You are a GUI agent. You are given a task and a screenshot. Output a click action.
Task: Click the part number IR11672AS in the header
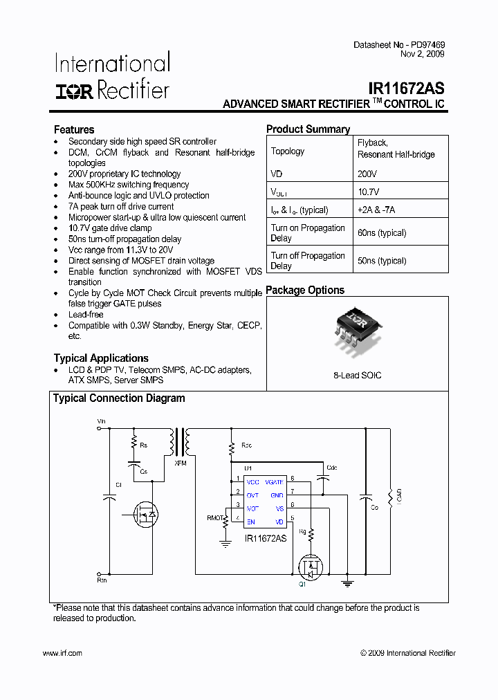pyautogui.click(x=406, y=89)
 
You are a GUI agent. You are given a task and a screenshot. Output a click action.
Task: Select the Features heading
pyautogui.click(x=74, y=129)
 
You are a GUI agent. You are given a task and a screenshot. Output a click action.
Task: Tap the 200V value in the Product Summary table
pyautogui.click(x=367, y=174)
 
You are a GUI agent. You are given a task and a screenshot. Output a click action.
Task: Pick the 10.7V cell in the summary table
pyautogui.click(x=369, y=192)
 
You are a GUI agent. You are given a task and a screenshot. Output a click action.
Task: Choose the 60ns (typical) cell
pyautogui.click(x=382, y=233)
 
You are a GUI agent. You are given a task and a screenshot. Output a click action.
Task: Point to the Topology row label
pyautogui.click(x=288, y=151)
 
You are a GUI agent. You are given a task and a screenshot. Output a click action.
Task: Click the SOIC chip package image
pyautogui.click(x=357, y=328)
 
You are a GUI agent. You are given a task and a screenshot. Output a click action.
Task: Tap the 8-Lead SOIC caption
pyautogui.click(x=357, y=376)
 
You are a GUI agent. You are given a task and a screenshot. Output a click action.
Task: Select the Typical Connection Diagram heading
pyautogui.click(x=119, y=398)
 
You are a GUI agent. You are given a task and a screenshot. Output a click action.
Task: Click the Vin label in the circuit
pyautogui.click(x=101, y=421)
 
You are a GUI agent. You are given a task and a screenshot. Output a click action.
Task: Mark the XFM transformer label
pyautogui.click(x=181, y=462)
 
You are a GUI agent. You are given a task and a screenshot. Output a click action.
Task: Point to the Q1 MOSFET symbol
pyautogui.click(x=311, y=567)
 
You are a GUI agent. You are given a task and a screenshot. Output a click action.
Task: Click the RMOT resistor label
pyautogui.click(x=215, y=517)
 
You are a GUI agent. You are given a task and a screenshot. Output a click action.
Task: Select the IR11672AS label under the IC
pyautogui.click(x=266, y=537)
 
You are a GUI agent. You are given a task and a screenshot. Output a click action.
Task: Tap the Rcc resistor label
pyautogui.click(x=247, y=445)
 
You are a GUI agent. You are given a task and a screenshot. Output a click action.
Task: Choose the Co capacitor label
pyautogui.click(x=375, y=508)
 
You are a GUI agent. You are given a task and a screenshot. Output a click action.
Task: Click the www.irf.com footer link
pyautogui.click(x=62, y=653)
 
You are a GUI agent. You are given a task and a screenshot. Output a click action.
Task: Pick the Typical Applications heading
pyautogui.click(x=101, y=358)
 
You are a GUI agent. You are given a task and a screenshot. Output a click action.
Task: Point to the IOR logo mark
pyautogui.click(x=74, y=91)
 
